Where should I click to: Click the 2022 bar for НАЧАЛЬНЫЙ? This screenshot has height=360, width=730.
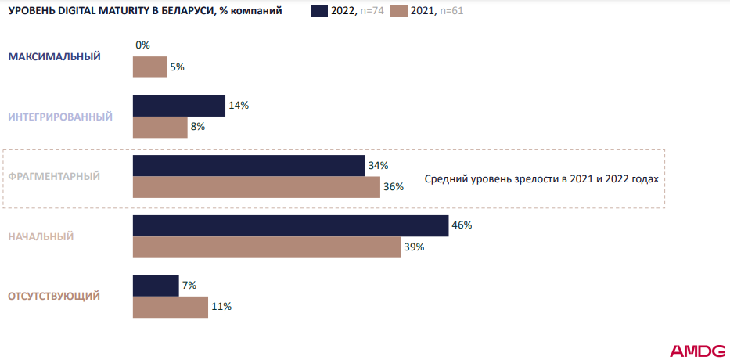point(290,225)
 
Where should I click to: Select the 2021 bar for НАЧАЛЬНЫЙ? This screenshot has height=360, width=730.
point(267,247)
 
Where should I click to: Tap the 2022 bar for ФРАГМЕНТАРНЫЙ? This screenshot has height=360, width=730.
point(249,165)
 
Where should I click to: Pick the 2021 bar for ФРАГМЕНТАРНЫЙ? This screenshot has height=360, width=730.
point(256,187)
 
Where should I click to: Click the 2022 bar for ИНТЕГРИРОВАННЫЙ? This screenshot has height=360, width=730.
point(179,106)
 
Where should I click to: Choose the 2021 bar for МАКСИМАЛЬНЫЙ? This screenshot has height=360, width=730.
point(149,67)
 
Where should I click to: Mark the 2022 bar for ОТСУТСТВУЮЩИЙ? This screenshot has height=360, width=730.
point(156,286)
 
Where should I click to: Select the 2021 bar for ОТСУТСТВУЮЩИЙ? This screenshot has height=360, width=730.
point(170,307)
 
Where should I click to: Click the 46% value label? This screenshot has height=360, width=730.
point(462,225)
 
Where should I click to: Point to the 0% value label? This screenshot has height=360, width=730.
point(142,45)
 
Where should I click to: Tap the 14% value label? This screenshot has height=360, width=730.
point(239,106)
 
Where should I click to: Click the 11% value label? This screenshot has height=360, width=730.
point(221,307)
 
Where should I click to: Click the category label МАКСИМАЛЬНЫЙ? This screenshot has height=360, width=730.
point(55,56)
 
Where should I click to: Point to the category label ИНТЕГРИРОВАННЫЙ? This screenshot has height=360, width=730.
point(60,117)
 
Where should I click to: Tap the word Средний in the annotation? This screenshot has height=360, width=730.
point(446,178)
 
